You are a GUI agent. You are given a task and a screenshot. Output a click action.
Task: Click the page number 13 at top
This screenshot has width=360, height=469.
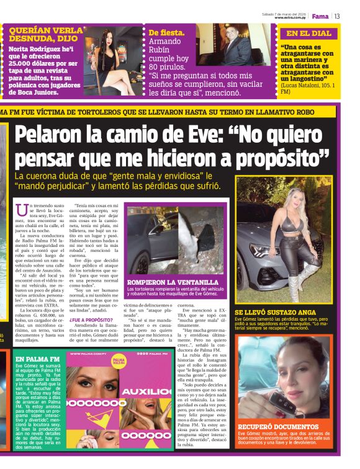(x=338, y=16)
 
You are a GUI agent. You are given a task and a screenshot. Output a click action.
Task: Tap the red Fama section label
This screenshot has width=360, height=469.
(x=320, y=16)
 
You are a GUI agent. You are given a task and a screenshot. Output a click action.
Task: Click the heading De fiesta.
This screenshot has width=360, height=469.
(x=166, y=32)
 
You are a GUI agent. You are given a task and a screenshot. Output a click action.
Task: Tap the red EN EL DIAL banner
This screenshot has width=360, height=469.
(x=308, y=33)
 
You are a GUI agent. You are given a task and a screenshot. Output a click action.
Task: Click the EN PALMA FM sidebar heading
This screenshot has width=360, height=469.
(x=38, y=359)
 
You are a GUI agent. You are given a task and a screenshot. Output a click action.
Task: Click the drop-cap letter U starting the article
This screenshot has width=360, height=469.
(x=24, y=211)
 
